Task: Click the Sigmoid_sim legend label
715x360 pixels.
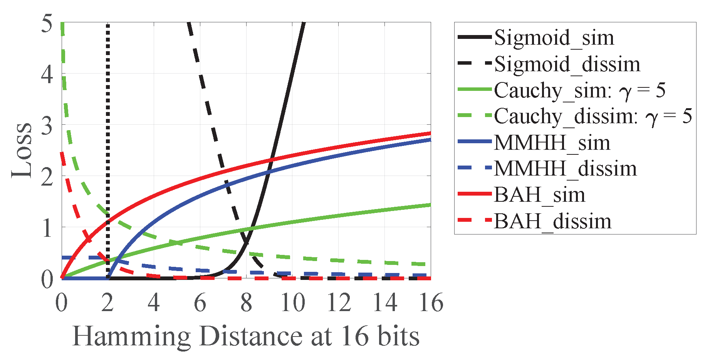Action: point(554,38)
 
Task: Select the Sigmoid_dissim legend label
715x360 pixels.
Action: point(567,64)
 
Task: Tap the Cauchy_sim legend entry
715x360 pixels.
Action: point(580,90)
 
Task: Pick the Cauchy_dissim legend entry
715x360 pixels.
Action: point(593,116)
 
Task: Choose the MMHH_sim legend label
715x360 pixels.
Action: point(552,143)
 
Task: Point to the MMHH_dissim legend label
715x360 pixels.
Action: point(565,169)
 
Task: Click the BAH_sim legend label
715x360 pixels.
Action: point(539,195)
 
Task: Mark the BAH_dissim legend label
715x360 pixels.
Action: point(552,221)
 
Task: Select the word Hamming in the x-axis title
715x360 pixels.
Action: point(131,337)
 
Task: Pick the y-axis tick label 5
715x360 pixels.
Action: point(47,24)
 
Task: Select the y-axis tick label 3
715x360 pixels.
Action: point(47,126)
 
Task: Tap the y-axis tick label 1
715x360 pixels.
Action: point(47,228)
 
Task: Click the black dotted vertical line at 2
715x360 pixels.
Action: point(108,116)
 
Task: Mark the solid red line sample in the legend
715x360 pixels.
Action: point(475,194)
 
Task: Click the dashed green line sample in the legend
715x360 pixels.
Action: point(475,115)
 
